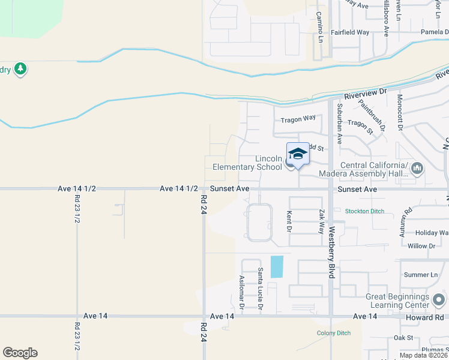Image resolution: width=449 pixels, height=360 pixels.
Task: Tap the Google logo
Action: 20,353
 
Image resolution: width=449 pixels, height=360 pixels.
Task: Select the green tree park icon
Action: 21,69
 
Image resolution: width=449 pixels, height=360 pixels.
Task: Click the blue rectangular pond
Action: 277,266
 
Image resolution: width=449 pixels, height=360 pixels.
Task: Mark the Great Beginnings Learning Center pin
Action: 439,298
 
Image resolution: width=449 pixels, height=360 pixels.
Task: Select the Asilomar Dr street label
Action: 241,292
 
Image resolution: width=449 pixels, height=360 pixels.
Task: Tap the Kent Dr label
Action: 289,221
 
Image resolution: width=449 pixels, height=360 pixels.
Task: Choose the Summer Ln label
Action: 421,275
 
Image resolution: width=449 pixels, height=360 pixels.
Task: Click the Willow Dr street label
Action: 421,246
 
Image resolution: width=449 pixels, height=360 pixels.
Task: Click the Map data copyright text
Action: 423,355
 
